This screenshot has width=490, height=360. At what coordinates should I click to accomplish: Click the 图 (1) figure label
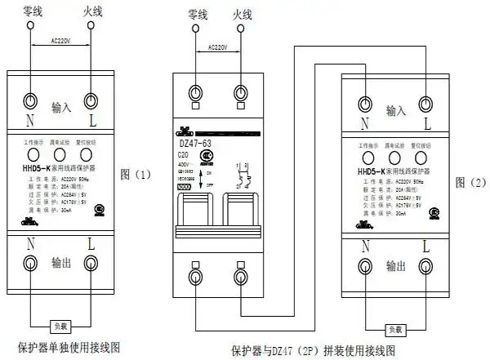pos(136,174)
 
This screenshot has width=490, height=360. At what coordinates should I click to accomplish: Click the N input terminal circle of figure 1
pos(29,100)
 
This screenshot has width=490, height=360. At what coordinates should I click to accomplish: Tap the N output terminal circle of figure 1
pos(29,263)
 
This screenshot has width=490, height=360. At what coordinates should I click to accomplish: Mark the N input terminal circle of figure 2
pos(365,103)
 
